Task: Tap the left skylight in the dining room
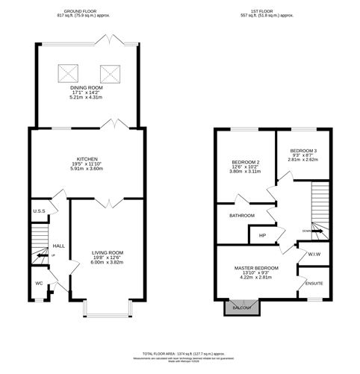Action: tap(65, 72)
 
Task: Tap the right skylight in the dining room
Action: tap(111, 72)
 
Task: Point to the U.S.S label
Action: tap(40, 211)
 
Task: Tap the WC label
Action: tap(39, 283)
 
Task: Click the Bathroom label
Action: tap(242, 216)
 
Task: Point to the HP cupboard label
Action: tap(261, 236)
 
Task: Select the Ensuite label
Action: tap(315, 283)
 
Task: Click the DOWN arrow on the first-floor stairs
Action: tap(315, 231)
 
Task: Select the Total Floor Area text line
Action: tap(180, 352)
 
